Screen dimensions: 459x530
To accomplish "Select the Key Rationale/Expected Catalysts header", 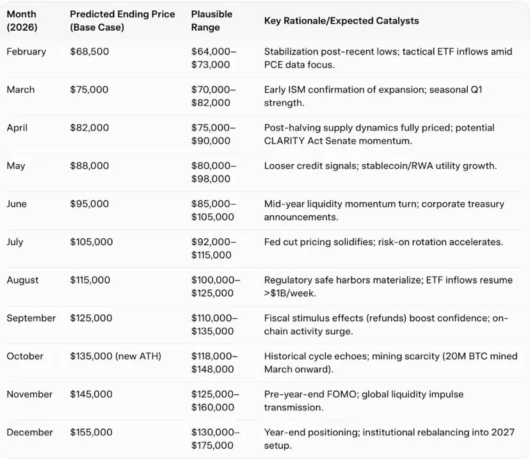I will [341, 21].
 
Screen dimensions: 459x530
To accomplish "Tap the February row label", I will [26, 52].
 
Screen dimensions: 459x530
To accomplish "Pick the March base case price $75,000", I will [89, 90].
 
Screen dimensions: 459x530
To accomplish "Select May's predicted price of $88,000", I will [89, 166].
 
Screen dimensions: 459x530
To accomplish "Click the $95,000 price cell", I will [89, 204].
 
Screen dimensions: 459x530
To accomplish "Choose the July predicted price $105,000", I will [92, 242].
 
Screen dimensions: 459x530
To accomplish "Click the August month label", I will [22, 280].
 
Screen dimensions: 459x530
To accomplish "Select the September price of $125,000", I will [92, 318].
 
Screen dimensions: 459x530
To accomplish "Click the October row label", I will [24, 357].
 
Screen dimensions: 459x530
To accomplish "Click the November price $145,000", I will [92, 394].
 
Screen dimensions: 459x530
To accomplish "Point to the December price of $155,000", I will [92, 433].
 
